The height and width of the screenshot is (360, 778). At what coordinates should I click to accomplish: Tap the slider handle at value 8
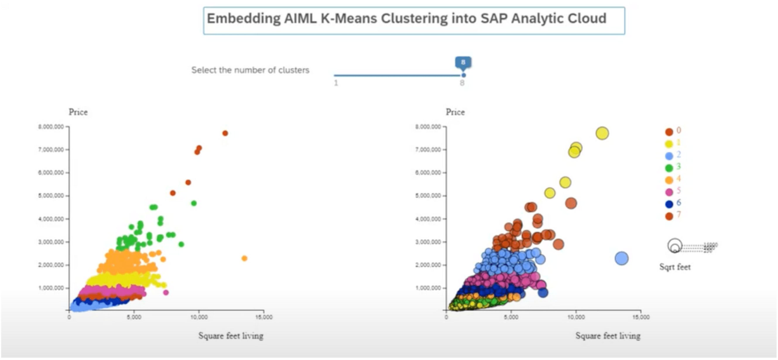tap(464, 75)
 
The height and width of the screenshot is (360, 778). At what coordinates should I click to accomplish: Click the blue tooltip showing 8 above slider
tap(463, 63)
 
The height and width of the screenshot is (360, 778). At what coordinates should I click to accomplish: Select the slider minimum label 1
tap(336, 83)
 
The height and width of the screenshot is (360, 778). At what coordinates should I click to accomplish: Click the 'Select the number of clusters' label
tap(250, 70)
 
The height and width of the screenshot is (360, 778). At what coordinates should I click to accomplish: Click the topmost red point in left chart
tap(225, 133)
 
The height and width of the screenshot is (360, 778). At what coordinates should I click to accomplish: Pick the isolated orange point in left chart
tap(244, 258)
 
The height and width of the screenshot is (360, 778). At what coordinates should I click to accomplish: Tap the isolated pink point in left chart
tap(165, 292)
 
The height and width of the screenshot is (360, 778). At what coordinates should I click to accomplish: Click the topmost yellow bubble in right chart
tap(602, 133)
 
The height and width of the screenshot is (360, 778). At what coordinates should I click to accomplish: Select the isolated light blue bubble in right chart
tap(621, 258)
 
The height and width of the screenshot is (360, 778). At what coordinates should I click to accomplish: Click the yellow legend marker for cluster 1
tap(669, 144)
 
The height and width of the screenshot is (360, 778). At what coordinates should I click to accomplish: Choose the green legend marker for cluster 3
tap(669, 168)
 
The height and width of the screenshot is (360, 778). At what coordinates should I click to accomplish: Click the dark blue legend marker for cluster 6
tap(669, 204)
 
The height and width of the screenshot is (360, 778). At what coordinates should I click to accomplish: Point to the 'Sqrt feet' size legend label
tap(675, 267)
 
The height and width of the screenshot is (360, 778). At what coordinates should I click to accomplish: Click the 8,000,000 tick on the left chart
tap(51, 127)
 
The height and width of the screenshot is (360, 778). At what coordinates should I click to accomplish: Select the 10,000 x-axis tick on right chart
tap(576, 317)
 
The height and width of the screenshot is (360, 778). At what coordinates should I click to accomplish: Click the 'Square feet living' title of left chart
tap(231, 336)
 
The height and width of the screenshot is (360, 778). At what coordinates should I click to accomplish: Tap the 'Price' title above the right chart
tap(455, 112)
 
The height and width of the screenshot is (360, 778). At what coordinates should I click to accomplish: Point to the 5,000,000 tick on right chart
tap(428, 196)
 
